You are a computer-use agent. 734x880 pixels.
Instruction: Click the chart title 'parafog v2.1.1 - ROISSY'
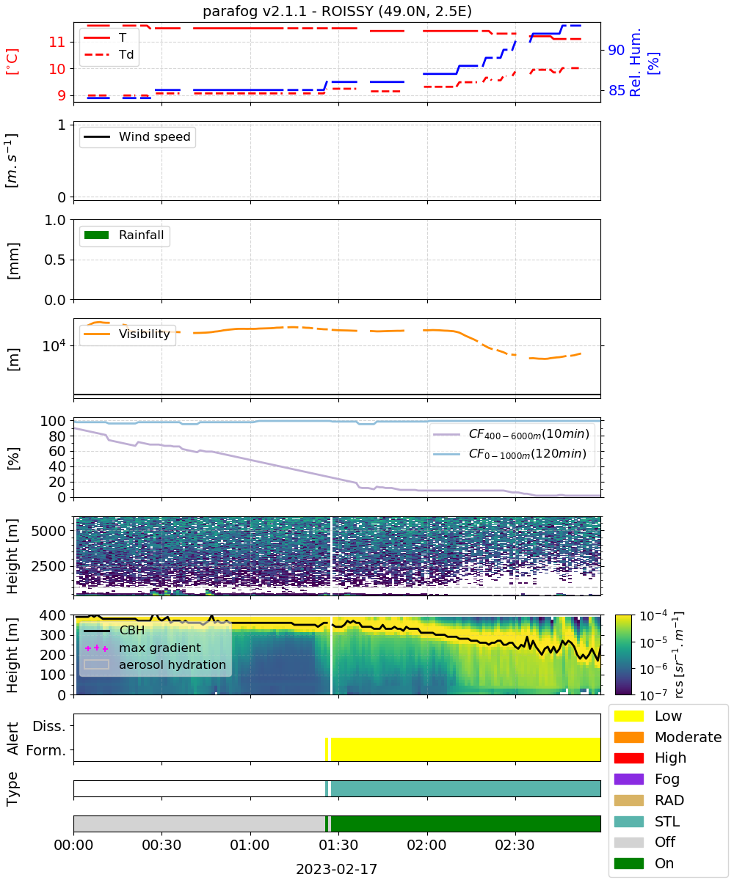pyautogui.click(x=283, y=11)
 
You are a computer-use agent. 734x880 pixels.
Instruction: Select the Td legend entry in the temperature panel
pyautogui.click(x=109, y=54)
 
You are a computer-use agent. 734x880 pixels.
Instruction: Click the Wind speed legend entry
pyautogui.click(x=137, y=136)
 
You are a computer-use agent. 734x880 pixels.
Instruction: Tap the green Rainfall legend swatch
pyautogui.click(x=97, y=235)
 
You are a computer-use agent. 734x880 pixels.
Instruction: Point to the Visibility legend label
pyautogui.click(x=145, y=334)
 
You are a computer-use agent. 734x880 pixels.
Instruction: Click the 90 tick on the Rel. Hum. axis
pyautogui.click(x=616, y=50)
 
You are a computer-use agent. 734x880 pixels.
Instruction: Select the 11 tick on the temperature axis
pyautogui.click(x=57, y=42)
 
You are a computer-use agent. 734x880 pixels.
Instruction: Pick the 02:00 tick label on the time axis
pyautogui.click(x=426, y=845)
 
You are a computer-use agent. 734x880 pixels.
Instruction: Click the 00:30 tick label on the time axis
pyautogui.click(x=161, y=845)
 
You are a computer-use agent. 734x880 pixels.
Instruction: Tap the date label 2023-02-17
pyautogui.click(x=337, y=869)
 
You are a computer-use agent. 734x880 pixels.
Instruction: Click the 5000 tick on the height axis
pyautogui.click(x=48, y=531)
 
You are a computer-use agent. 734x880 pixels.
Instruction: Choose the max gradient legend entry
pyautogui.click(x=142, y=648)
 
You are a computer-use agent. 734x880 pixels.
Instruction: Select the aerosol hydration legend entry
pyautogui.click(x=155, y=664)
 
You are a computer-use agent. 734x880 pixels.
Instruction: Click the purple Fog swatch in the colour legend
pyautogui.click(x=628, y=780)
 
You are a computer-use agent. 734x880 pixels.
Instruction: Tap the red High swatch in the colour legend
pyautogui.click(x=628, y=758)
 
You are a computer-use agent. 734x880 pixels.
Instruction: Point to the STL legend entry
pyautogui.click(x=647, y=821)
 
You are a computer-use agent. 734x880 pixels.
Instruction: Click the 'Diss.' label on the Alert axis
pyautogui.click(x=49, y=726)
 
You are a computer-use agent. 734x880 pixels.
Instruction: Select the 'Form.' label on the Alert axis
pyautogui.click(x=46, y=750)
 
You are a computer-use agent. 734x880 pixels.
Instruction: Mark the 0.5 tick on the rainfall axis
pyautogui.click(x=55, y=260)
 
